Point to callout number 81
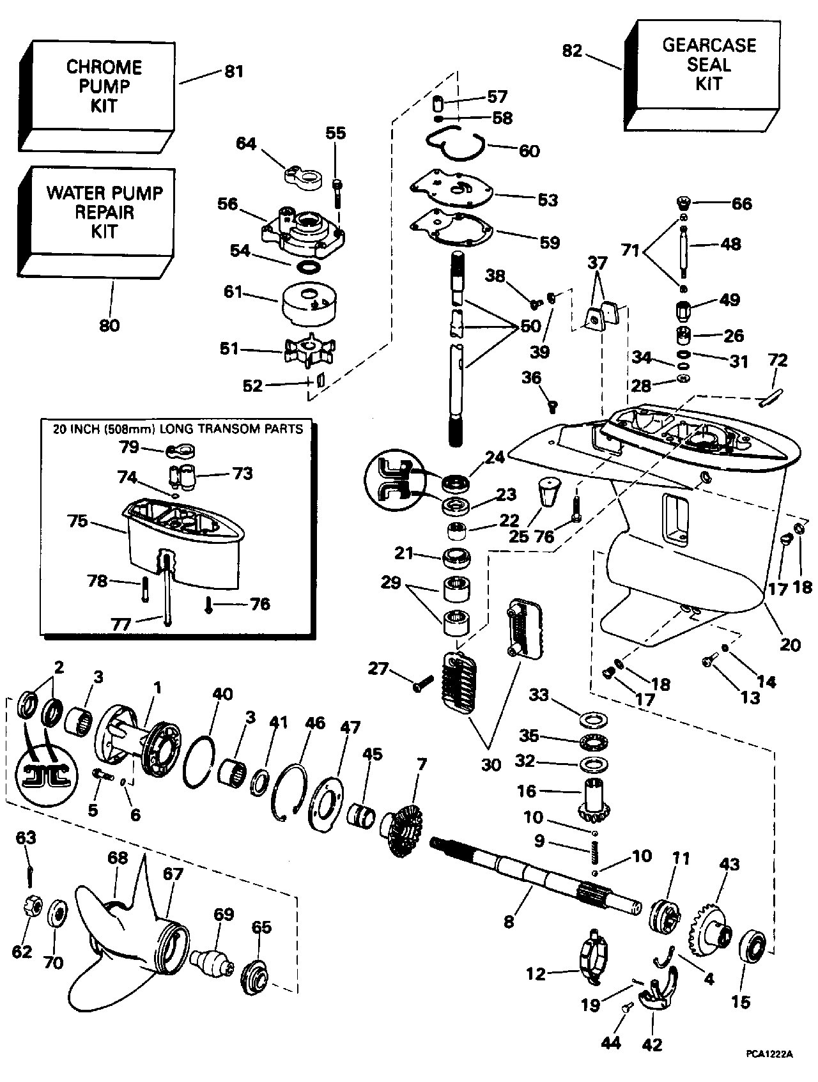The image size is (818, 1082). [234, 70]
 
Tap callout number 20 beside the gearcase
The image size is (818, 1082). [790, 644]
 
